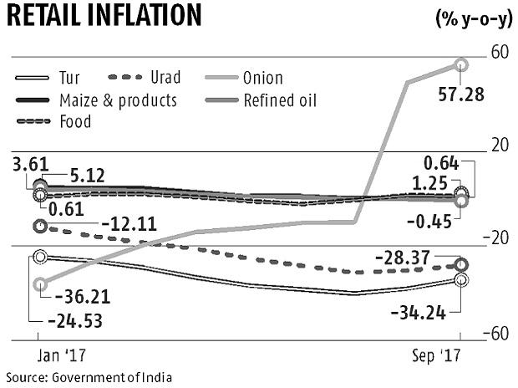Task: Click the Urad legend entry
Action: tap(163, 79)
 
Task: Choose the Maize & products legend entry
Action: tap(116, 100)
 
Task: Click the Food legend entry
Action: tap(74, 122)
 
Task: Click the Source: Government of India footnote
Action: tap(88, 377)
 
